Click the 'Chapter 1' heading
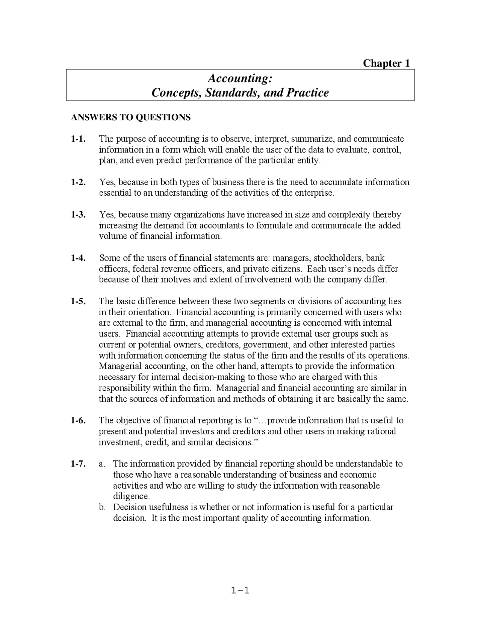click(386, 63)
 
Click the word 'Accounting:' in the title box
click(240, 78)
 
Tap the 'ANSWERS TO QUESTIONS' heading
click(131, 117)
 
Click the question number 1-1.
click(78, 139)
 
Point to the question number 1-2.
click(78, 182)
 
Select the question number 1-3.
click(78, 215)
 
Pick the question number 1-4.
click(78, 258)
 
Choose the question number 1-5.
click(78, 301)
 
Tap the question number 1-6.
click(78, 420)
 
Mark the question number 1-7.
click(78, 464)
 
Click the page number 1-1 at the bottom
click(240, 590)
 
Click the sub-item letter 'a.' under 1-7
click(102, 464)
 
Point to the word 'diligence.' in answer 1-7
click(132, 497)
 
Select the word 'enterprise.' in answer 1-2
click(315, 193)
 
